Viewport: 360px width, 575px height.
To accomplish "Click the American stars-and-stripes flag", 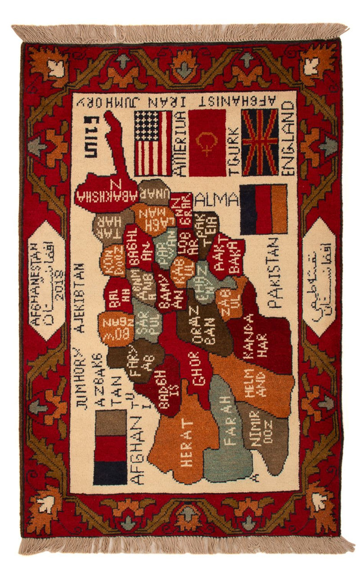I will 153,143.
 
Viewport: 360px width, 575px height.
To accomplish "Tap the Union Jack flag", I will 260,142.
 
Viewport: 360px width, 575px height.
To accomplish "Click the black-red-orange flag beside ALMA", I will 264,210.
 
